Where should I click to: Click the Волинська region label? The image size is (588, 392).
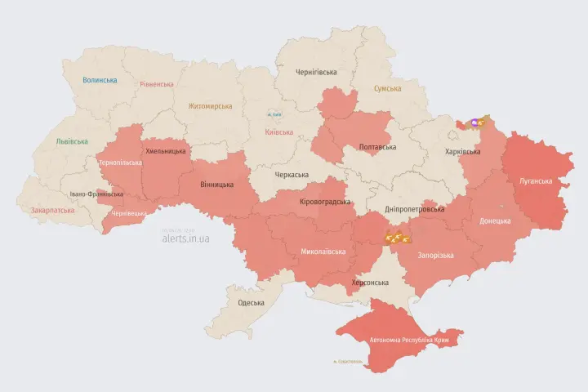pos(100,80)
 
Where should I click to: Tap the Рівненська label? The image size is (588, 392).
pos(157,84)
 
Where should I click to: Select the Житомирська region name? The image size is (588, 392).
pos(210,106)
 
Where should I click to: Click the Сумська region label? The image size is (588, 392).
pos(387,88)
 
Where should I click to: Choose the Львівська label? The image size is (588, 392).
pos(72,141)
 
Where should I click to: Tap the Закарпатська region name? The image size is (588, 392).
pos(52,210)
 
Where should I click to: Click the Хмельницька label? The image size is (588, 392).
pos(166,151)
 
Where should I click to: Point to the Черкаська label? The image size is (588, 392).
pos(291,175)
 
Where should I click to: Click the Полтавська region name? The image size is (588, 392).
pos(377,147)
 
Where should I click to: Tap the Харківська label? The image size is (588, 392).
pos(463,152)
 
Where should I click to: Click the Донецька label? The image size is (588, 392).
pos(495,220)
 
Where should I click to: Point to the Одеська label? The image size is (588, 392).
pos(250,303)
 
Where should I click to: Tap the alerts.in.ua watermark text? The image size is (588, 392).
pos(185,238)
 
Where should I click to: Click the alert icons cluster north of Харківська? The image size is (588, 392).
pos(473,123)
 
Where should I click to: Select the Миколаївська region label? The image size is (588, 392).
pos(323,252)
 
